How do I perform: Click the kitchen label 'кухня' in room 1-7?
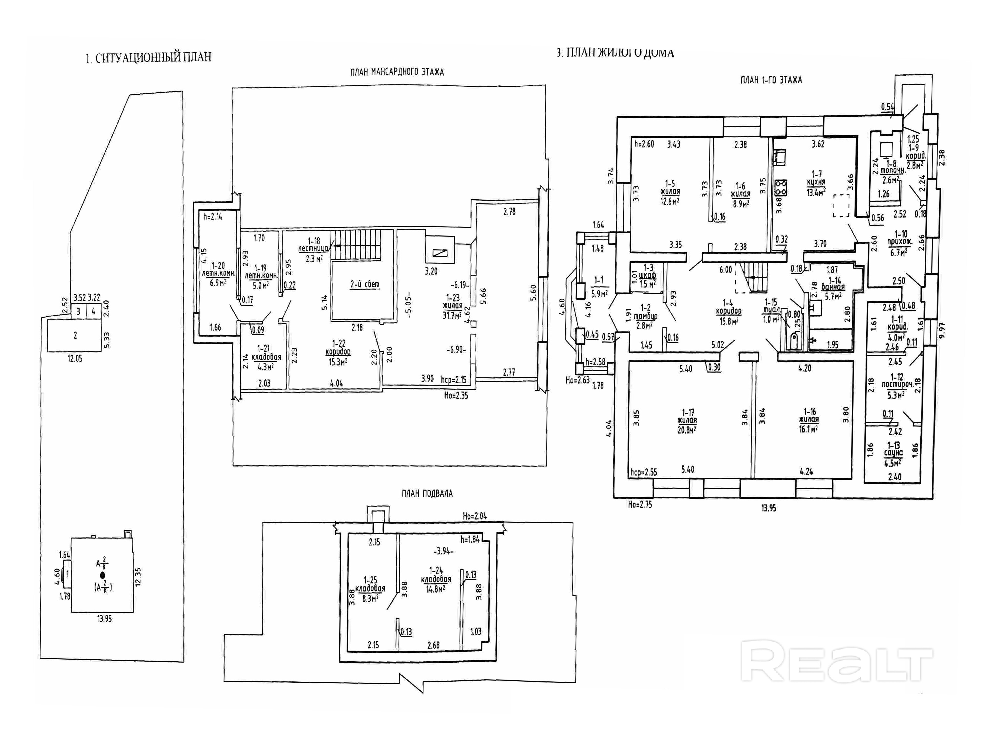pos(816,182)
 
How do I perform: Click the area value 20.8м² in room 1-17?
pos(687,430)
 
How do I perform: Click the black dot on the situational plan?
pos(103,575)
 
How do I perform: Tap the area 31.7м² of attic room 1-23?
pos(452,316)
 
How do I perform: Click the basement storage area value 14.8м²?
pos(436,589)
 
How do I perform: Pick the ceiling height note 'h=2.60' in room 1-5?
pos(644,144)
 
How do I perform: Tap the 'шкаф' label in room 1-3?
pos(647,276)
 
